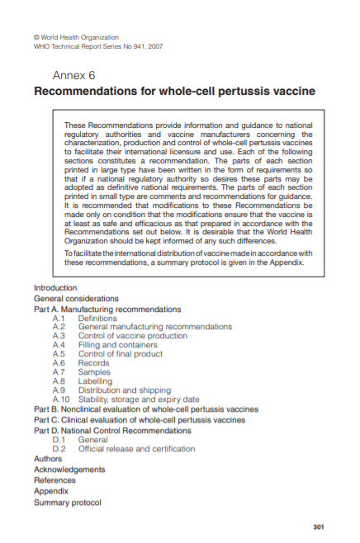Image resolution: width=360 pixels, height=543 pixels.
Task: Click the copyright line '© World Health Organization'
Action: click(x=75, y=37)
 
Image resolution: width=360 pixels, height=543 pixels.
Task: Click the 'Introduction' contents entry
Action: click(x=55, y=288)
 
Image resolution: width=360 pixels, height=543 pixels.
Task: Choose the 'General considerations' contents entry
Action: click(x=76, y=298)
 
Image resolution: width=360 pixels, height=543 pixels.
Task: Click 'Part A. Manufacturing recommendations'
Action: click(x=107, y=309)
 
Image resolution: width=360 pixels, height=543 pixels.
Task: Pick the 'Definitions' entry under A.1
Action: click(x=97, y=318)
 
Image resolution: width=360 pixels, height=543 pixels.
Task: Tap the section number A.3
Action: click(x=59, y=336)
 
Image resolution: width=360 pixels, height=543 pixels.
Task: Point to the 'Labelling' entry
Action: click(x=96, y=381)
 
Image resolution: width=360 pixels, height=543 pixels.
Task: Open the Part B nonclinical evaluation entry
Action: click(x=145, y=409)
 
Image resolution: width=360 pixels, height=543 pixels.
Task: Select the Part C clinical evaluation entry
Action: click(x=139, y=419)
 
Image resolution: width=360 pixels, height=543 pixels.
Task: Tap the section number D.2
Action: click(x=59, y=449)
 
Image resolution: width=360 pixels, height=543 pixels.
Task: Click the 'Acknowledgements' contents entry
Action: click(x=69, y=469)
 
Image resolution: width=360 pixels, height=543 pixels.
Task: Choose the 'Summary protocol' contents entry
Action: click(x=67, y=503)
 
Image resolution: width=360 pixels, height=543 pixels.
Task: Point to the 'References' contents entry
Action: click(x=54, y=479)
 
